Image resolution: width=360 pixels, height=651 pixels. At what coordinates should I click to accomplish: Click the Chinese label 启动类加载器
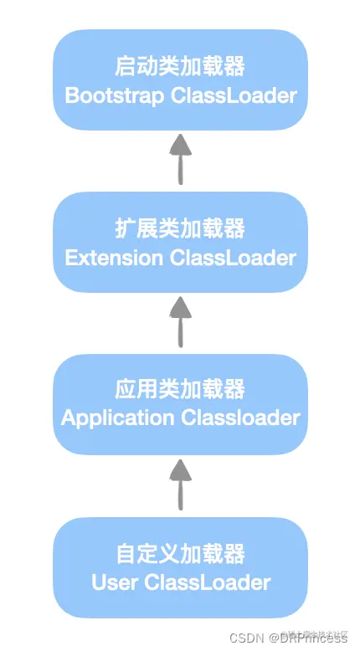click(180, 66)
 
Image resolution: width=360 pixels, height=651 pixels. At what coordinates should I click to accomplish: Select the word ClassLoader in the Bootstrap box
click(234, 95)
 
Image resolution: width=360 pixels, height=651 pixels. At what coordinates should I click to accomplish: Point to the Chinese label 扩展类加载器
click(180, 228)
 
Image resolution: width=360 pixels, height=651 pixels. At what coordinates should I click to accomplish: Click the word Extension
click(114, 257)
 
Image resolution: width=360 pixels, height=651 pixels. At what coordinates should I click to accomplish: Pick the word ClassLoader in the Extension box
click(233, 257)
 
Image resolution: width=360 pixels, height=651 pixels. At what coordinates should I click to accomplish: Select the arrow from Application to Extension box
click(180, 321)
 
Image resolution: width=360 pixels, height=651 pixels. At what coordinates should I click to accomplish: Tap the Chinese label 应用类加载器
click(180, 389)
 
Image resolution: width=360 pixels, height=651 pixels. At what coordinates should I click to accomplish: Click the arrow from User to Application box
click(180, 484)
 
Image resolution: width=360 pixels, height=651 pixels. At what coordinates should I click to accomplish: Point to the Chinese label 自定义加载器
click(180, 553)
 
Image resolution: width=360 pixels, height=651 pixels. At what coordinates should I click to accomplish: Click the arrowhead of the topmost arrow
click(180, 146)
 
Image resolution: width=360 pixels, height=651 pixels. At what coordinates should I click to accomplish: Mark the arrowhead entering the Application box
click(180, 470)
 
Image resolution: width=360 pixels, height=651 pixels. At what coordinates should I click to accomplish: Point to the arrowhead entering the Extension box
click(180, 308)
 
